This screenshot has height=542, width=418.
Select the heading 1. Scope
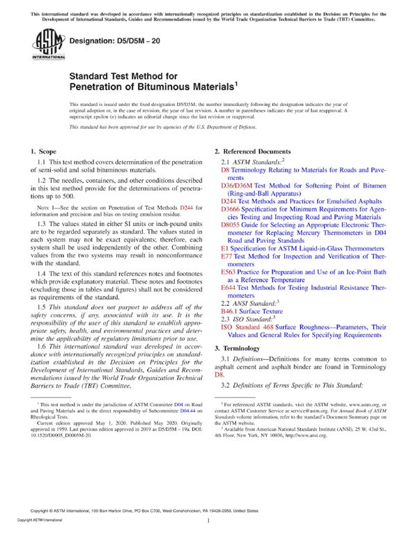click(x=45, y=151)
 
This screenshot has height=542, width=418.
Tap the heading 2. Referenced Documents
click(x=252, y=151)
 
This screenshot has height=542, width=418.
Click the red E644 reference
click(x=228, y=287)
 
